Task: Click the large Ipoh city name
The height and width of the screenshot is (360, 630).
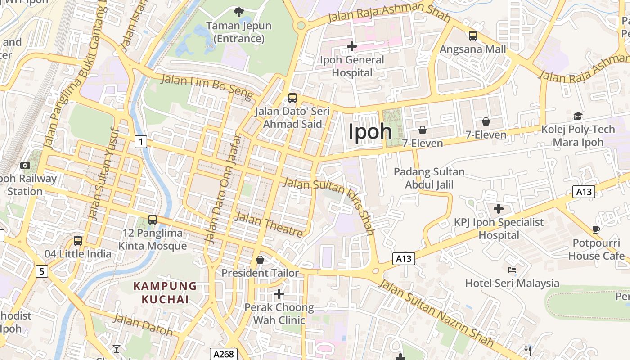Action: [370, 131]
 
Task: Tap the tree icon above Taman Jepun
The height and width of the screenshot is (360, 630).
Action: [238, 12]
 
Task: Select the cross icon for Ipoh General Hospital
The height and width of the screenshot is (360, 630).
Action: [352, 46]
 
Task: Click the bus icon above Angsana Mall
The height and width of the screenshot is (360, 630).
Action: [472, 36]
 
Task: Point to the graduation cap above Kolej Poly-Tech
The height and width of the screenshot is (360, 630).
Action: [578, 117]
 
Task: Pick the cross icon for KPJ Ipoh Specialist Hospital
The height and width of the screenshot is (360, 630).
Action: [498, 209]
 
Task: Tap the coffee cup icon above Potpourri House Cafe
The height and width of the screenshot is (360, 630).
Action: [596, 230]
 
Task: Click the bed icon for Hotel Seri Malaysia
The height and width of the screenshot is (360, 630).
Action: [512, 270]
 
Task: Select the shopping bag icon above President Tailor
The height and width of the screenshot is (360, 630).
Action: [260, 260]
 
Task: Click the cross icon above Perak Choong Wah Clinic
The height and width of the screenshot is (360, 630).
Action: [279, 294]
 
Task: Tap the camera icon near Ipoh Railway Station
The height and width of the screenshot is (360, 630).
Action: [25, 165]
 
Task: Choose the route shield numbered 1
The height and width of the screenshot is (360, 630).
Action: [141, 142]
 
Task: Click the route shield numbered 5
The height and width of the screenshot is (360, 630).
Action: [42, 271]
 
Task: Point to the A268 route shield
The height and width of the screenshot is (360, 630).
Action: [224, 354]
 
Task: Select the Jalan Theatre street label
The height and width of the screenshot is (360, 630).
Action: [269, 225]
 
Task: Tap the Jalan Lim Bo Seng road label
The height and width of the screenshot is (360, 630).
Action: [207, 87]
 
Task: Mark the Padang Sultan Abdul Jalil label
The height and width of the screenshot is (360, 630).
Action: [429, 178]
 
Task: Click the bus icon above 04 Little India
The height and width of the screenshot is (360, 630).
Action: [78, 240]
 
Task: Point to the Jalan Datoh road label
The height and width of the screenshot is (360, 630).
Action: [143, 324]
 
